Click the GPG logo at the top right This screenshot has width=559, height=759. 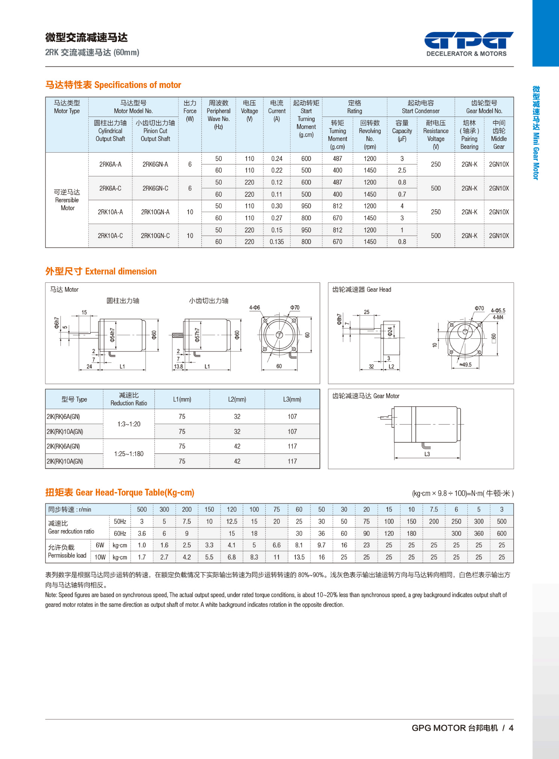(469, 43)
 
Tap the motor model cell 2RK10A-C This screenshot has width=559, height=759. (110, 236)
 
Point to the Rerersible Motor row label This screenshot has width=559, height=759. (67, 200)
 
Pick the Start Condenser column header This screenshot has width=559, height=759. (421, 107)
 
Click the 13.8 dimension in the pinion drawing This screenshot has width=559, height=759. (178, 366)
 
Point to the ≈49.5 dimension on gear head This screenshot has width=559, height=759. (465, 365)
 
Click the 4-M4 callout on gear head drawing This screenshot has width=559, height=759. (498, 317)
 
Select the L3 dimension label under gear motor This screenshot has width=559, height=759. (427, 454)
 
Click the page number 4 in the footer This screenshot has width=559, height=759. (511, 728)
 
